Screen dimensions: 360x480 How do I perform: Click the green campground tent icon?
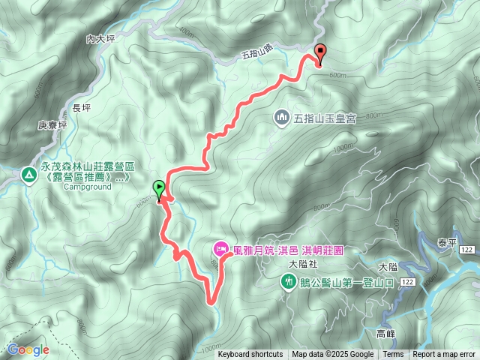(28, 174)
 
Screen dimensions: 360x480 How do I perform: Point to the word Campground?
(83, 187)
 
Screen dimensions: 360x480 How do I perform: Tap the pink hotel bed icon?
(220, 247)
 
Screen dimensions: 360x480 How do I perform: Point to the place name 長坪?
(81, 108)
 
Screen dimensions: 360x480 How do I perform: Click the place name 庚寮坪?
(52, 125)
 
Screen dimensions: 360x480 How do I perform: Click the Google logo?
(28, 349)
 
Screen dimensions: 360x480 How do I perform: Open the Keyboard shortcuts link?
(250, 355)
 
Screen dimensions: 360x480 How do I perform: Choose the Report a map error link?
(445, 355)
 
